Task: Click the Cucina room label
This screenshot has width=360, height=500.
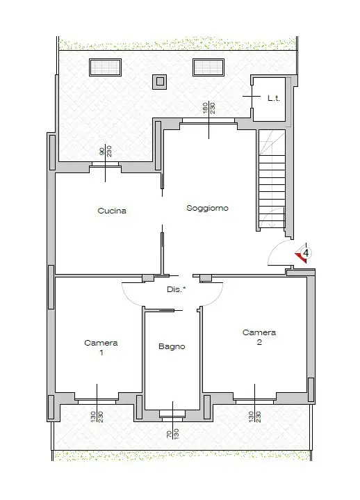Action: click(112, 211)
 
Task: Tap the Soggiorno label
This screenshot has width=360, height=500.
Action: click(207, 208)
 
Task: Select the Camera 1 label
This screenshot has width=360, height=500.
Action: click(101, 348)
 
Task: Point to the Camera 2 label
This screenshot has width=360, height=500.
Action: click(259, 337)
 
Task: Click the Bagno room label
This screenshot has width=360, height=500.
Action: click(172, 346)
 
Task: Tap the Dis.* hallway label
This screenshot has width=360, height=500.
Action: click(177, 289)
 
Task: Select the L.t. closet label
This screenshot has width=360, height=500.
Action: click(273, 99)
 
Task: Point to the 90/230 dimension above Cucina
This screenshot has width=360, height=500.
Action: click(105, 154)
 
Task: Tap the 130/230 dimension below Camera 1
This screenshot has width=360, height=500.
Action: click(97, 418)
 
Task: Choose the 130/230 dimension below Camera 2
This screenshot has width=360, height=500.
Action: click(254, 418)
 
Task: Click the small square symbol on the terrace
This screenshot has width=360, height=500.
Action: click(160, 81)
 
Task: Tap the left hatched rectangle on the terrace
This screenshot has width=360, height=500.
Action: click(105, 67)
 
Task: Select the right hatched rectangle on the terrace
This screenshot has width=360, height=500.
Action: click(208, 67)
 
